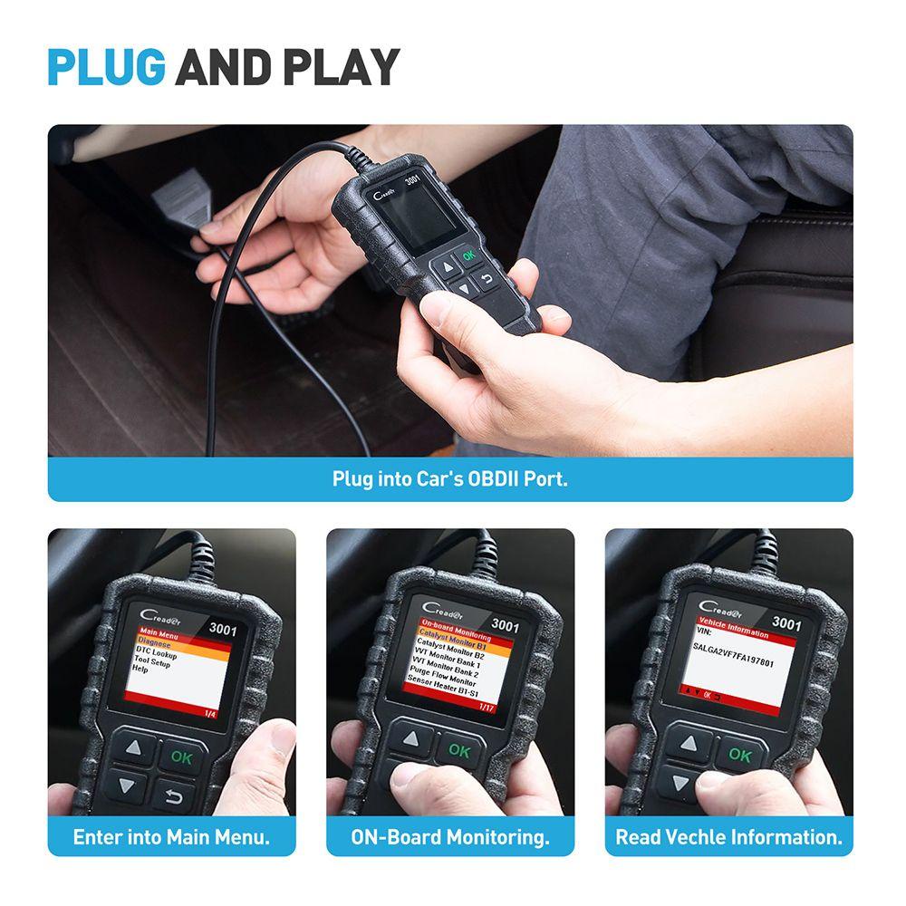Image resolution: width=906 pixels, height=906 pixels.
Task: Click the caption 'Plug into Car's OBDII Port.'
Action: [450, 478]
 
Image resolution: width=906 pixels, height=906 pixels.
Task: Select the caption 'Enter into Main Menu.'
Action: [171, 837]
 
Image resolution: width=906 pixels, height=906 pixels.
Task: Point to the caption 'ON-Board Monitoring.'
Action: [450, 837]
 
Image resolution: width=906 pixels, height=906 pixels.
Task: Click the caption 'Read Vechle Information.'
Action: [729, 837]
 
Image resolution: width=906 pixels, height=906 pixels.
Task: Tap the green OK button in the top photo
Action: [467, 255]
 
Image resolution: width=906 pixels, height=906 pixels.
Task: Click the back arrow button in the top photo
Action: [487, 279]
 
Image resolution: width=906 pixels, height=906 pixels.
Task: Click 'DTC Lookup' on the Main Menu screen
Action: [156, 651]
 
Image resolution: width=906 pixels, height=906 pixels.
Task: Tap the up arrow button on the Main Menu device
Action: [134, 748]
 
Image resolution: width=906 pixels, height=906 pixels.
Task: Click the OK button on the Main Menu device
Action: [182, 757]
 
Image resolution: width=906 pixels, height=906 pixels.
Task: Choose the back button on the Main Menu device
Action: [173, 796]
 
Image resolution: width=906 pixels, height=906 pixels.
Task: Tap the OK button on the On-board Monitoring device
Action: [459, 751]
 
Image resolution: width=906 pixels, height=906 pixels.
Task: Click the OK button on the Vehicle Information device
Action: [740, 755]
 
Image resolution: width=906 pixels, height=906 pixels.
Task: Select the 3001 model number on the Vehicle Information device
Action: [787, 624]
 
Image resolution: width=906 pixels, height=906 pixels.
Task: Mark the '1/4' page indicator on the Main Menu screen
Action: [210, 714]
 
